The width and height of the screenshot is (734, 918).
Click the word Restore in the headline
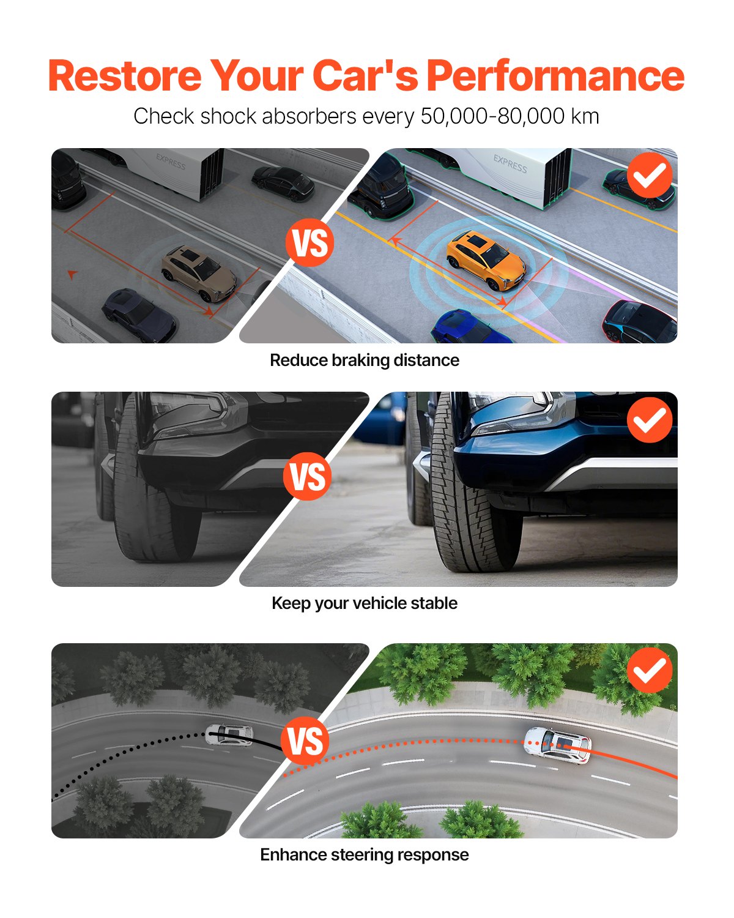124,76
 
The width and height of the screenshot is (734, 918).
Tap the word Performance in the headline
555,76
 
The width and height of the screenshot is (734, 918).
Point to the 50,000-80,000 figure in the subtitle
492,116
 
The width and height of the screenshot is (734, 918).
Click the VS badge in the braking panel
310,243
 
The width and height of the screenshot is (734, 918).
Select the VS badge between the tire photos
308,476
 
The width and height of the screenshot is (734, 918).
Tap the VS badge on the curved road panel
305,741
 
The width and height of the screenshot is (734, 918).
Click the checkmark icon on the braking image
650,175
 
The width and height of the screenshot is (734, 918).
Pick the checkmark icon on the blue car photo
650,419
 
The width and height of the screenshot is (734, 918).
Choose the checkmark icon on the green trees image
650,670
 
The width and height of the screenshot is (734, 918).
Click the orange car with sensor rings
486,260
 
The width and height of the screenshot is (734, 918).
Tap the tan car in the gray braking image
199,273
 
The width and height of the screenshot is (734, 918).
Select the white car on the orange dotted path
557,745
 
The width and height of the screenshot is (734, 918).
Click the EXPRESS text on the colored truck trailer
510,164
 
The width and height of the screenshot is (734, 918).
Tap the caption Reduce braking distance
365,360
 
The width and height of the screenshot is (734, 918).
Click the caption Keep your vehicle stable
365,603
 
